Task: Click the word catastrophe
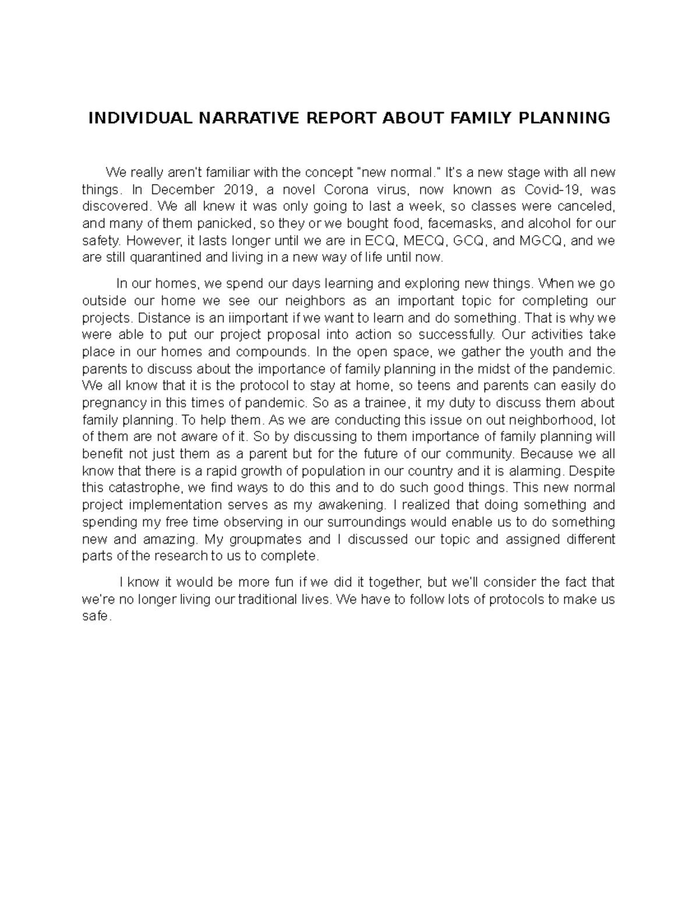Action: pyautogui.click(x=144, y=488)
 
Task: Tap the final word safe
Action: pyautogui.click(x=96, y=617)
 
